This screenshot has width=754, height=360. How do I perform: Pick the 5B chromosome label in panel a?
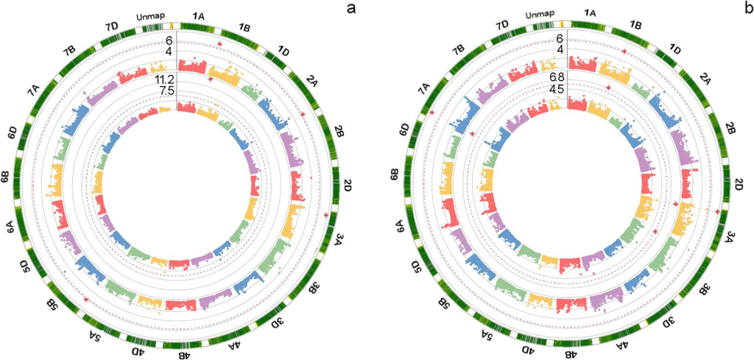tap(52, 304)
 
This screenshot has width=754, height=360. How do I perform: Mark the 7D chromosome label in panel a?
tap(111, 27)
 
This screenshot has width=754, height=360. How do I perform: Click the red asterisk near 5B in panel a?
tap(87, 300)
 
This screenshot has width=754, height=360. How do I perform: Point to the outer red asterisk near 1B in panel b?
tap(624, 52)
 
